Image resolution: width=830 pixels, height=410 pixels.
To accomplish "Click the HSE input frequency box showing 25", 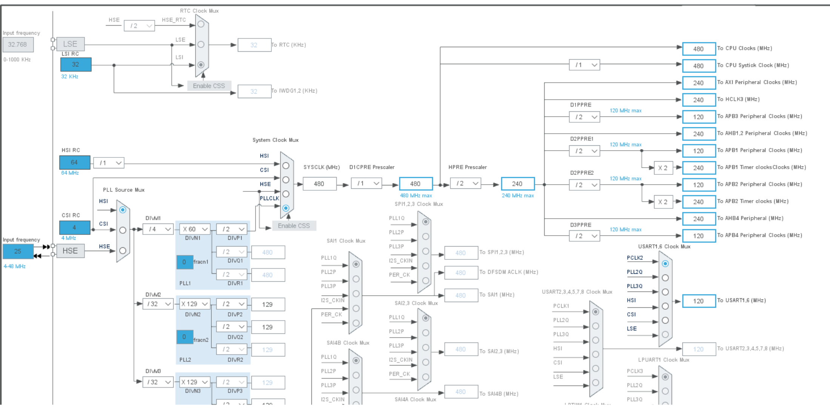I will (18, 251).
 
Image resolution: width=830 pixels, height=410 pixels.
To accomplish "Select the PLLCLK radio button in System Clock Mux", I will (286, 208).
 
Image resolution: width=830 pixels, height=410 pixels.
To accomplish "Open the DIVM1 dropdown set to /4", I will (158, 229).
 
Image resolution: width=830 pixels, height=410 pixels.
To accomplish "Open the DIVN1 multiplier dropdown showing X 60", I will (194, 229).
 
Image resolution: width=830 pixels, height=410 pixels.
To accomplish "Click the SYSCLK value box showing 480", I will (319, 184).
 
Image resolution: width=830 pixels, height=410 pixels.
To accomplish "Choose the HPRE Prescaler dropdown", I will (465, 183).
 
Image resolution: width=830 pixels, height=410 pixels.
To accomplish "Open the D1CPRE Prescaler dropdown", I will (366, 183).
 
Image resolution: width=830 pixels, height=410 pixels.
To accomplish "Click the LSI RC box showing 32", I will (75, 65).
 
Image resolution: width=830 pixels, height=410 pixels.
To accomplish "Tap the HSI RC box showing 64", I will (74, 162).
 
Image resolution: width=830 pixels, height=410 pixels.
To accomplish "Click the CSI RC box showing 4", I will (74, 228).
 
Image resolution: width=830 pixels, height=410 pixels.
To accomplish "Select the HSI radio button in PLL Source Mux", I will (123, 210).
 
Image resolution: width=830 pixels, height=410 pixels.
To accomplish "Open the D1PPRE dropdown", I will (584, 117).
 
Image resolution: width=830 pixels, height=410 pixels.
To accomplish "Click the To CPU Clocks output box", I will (699, 49).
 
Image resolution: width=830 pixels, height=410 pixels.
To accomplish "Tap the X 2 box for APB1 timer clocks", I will (663, 168).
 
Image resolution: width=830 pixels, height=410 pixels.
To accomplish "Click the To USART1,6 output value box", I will (699, 301).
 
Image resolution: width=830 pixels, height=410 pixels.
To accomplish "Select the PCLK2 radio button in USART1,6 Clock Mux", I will (665, 264).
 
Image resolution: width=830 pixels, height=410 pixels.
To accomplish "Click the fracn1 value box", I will (185, 262).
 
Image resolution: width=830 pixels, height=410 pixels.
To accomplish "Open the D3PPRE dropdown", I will (584, 236).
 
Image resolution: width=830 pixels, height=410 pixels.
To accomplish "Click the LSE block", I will (70, 44).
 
